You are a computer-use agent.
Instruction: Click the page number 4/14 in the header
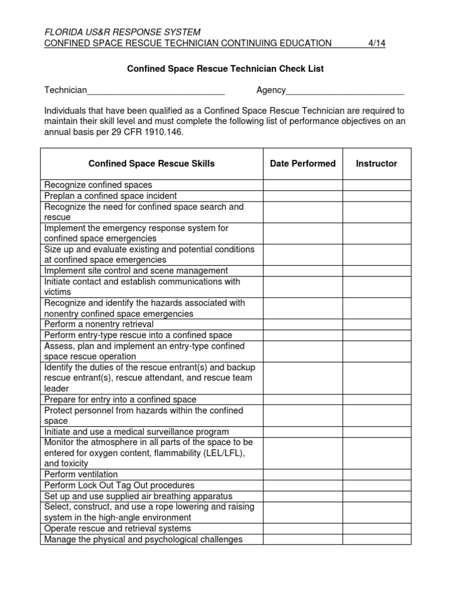coord(376,43)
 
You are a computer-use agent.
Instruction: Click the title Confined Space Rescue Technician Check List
coord(225,69)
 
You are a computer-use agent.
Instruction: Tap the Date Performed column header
coord(302,163)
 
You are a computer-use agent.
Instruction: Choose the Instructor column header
coord(376,163)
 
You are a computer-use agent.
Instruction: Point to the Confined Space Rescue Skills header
coord(152,163)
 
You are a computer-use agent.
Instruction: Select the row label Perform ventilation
coord(81,474)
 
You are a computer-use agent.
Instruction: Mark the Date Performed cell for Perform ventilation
coord(302,474)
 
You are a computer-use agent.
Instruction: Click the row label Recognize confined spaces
coord(98,185)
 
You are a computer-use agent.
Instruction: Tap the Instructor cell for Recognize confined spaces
coord(376,185)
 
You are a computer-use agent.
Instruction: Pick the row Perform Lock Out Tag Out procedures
coord(119,486)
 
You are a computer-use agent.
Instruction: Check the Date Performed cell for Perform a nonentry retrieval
coord(302,325)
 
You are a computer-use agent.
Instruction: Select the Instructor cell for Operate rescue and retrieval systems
coord(376,529)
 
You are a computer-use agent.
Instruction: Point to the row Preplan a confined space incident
coord(110,196)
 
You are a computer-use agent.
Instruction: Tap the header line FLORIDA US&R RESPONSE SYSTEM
coord(122,32)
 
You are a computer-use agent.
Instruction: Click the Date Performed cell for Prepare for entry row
coord(302,400)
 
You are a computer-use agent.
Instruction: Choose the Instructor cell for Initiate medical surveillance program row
coord(376,432)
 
